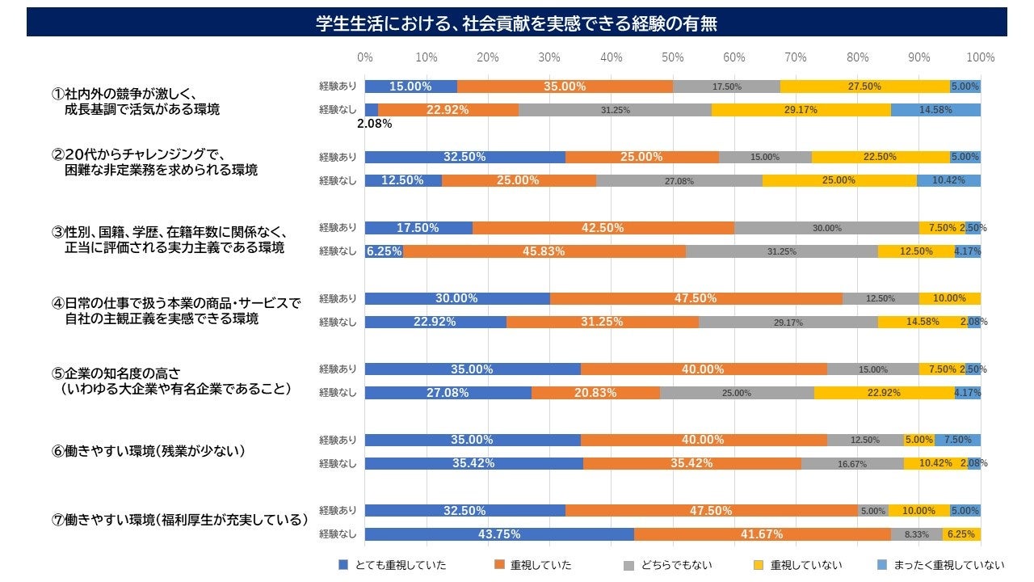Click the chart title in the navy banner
pyautogui.click(x=517, y=23)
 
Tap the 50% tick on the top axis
pyautogui.click(x=673, y=57)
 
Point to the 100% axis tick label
pyautogui.click(x=980, y=57)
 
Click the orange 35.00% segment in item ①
pyautogui.click(x=565, y=86)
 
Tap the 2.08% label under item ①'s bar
pyautogui.click(x=374, y=124)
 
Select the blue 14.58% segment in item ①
pyautogui.click(x=935, y=110)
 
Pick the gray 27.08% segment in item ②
pyautogui.click(x=679, y=180)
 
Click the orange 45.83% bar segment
pyautogui.click(x=544, y=251)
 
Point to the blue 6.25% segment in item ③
pyautogui.click(x=384, y=251)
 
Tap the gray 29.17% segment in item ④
pyautogui.click(x=788, y=322)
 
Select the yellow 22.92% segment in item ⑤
pyautogui.click(x=884, y=393)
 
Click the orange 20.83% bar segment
pyautogui.click(x=595, y=393)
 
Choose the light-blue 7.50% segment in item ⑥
pyautogui.click(x=957, y=440)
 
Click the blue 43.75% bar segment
pyautogui.click(x=499, y=534)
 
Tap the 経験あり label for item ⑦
pyautogui.click(x=338, y=511)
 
